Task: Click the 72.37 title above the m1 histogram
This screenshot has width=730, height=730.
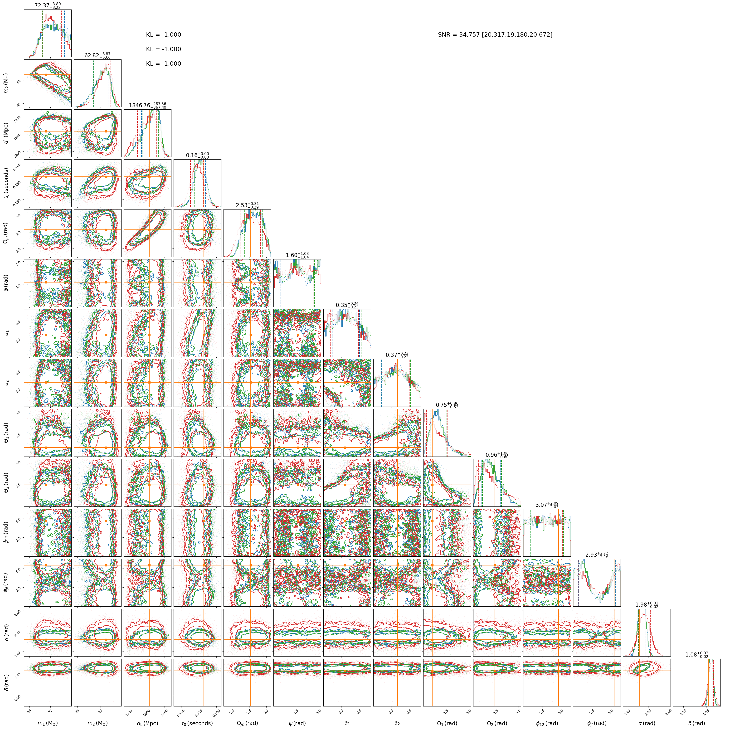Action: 48,5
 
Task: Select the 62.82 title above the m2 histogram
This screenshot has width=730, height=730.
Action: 97,56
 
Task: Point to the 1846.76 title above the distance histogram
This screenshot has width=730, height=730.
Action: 147,105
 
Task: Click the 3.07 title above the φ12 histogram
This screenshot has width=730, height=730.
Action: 547,505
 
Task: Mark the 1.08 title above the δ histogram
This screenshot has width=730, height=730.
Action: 696,654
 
